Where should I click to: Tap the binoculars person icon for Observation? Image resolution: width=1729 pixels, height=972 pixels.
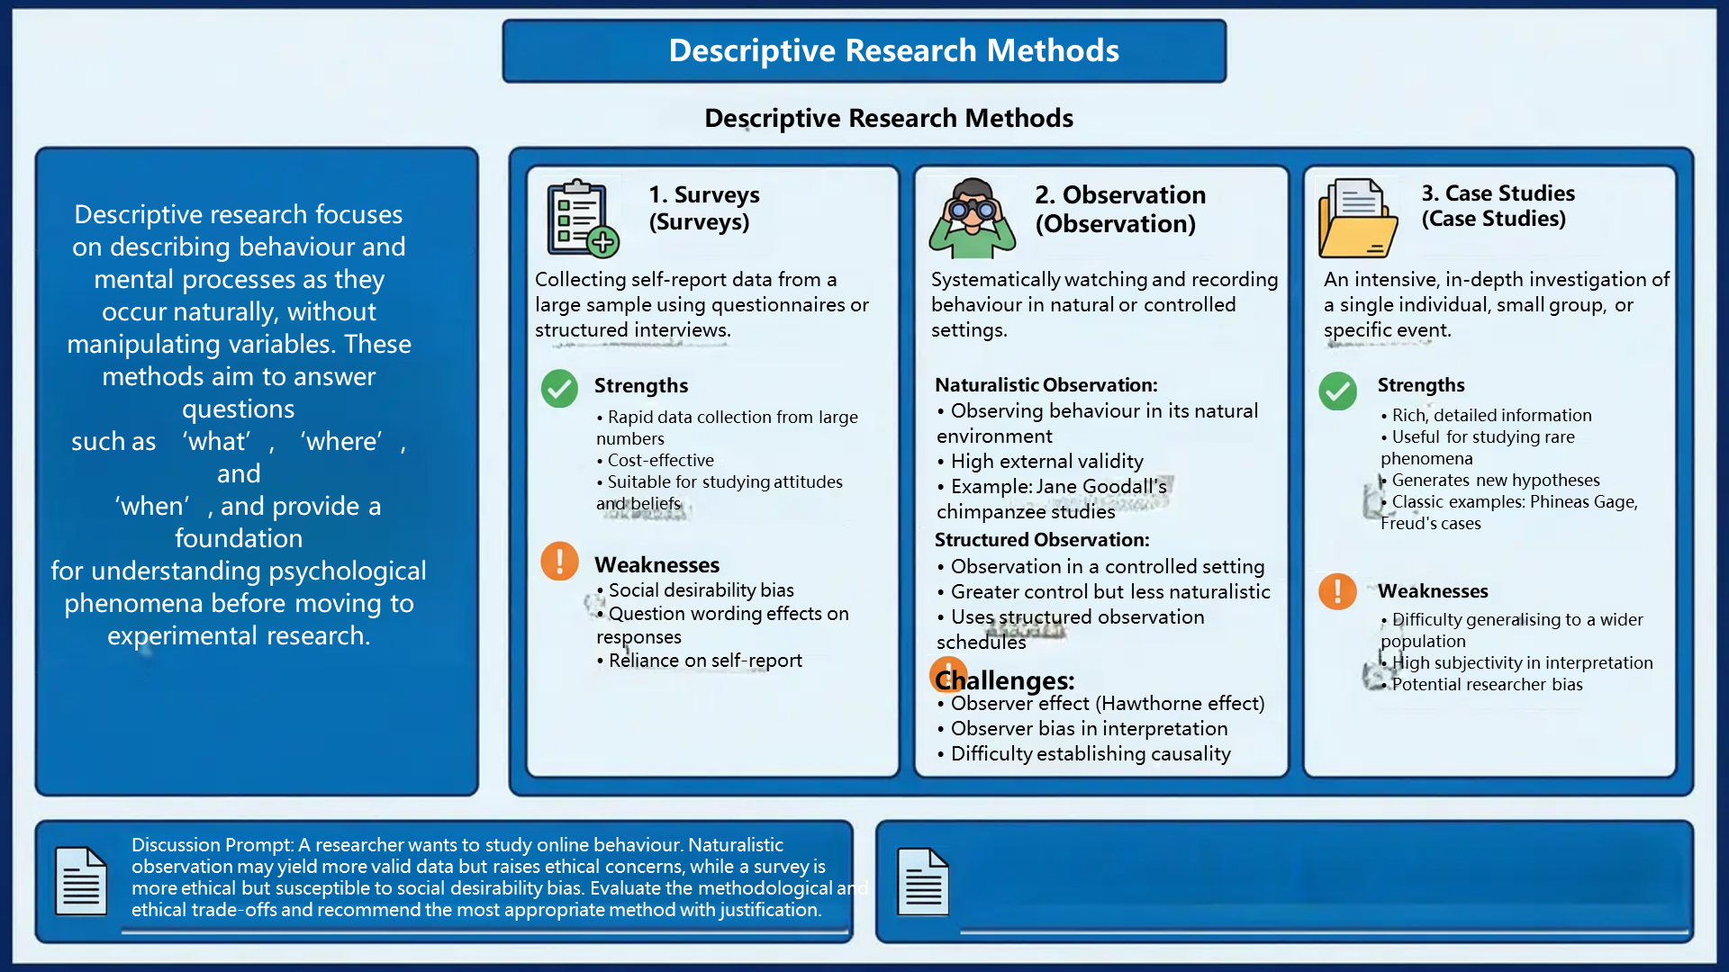pos(973,218)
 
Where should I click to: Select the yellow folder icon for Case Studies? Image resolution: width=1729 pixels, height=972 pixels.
pos(1358,218)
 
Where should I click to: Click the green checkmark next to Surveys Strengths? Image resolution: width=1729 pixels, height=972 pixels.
pos(559,389)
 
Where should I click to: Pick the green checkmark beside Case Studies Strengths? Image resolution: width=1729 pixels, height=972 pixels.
pos(1337,391)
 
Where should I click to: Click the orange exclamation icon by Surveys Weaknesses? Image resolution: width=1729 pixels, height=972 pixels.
pos(559,561)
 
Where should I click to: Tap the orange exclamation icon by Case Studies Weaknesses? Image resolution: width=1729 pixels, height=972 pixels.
pos(1337,591)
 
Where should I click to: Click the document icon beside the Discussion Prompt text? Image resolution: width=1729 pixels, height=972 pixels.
pos(81,881)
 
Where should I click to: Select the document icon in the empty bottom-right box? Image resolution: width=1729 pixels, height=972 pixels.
pos(923,881)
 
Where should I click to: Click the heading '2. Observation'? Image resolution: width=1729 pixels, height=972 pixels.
pos(1119,195)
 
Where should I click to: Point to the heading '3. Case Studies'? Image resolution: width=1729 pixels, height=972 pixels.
pos(1498,193)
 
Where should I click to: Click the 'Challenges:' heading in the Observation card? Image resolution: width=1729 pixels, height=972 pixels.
pos(1005,680)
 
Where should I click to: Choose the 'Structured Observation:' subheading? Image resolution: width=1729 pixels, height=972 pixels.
pos(1042,540)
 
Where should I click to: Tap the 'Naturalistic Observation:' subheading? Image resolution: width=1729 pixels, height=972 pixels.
pos(1046,385)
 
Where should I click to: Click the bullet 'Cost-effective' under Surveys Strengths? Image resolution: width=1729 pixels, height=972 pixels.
pos(660,460)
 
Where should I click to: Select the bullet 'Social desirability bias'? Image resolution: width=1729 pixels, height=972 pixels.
pos(701,590)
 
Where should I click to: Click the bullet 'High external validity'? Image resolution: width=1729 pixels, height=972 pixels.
pos(1046,462)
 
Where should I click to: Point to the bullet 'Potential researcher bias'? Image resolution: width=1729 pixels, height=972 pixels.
pos(1487,684)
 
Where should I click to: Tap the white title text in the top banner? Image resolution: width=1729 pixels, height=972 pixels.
pos(893,51)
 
